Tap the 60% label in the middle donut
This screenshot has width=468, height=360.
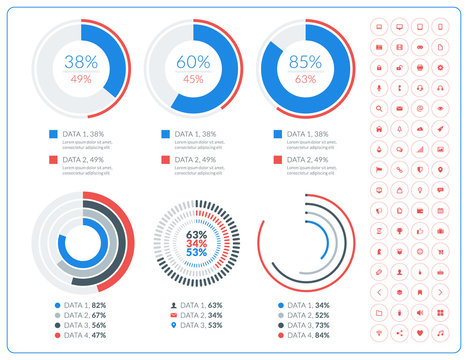(x=193, y=61)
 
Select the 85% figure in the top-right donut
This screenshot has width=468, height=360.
(x=304, y=61)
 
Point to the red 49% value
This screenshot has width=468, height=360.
(x=82, y=79)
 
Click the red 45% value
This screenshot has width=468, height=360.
(x=193, y=79)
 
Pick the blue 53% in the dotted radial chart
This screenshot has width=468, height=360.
(x=197, y=253)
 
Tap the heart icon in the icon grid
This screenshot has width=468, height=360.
(x=420, y=332)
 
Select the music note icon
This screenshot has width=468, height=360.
(x=440, y=332)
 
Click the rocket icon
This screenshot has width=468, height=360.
(x=440, y=128)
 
